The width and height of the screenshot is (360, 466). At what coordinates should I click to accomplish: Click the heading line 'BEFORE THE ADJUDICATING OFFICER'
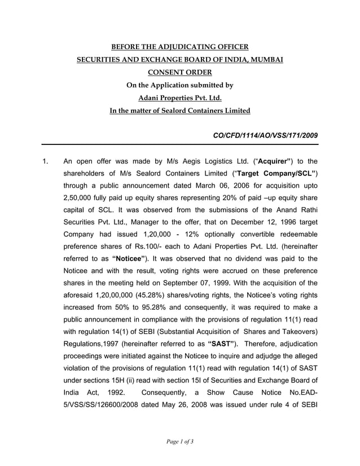(x=179, y=46)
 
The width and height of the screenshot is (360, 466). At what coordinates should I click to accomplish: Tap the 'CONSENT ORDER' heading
(x=179, y=72)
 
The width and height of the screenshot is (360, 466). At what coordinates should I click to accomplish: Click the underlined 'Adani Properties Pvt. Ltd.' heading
(x=179, y=98)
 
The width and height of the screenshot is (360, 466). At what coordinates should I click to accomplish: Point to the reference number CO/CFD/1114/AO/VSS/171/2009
(x=265, y=135)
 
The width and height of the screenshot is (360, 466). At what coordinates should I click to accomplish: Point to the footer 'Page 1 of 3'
(x=179, y=441)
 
